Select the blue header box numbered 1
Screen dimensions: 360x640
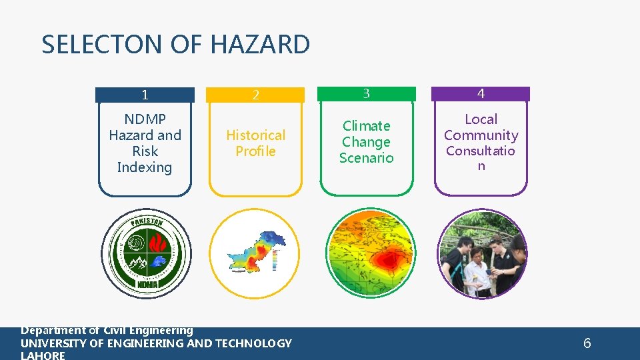(x=145, y=95)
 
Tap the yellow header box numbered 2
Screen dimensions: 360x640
(x=255, y=95)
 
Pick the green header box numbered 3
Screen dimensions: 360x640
(x=366, y=94)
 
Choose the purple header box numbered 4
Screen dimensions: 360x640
(x=481, y=94)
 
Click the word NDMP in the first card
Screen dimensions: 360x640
(x=145, y=119)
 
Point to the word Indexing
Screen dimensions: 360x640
(x=145, y=167)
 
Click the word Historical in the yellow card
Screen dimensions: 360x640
(x=255, y=135)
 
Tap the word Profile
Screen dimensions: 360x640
(x=255, y=151)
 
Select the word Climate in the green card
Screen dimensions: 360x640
(x=366, y=126)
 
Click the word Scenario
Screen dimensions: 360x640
(x=366, y=158)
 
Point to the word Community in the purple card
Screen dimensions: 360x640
(x=481, y=135)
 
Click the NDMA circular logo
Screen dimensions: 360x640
(x=145, y=253)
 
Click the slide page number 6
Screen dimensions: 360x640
(x=587, y=343)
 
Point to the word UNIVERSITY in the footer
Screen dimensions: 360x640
(x=53, y=343)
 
